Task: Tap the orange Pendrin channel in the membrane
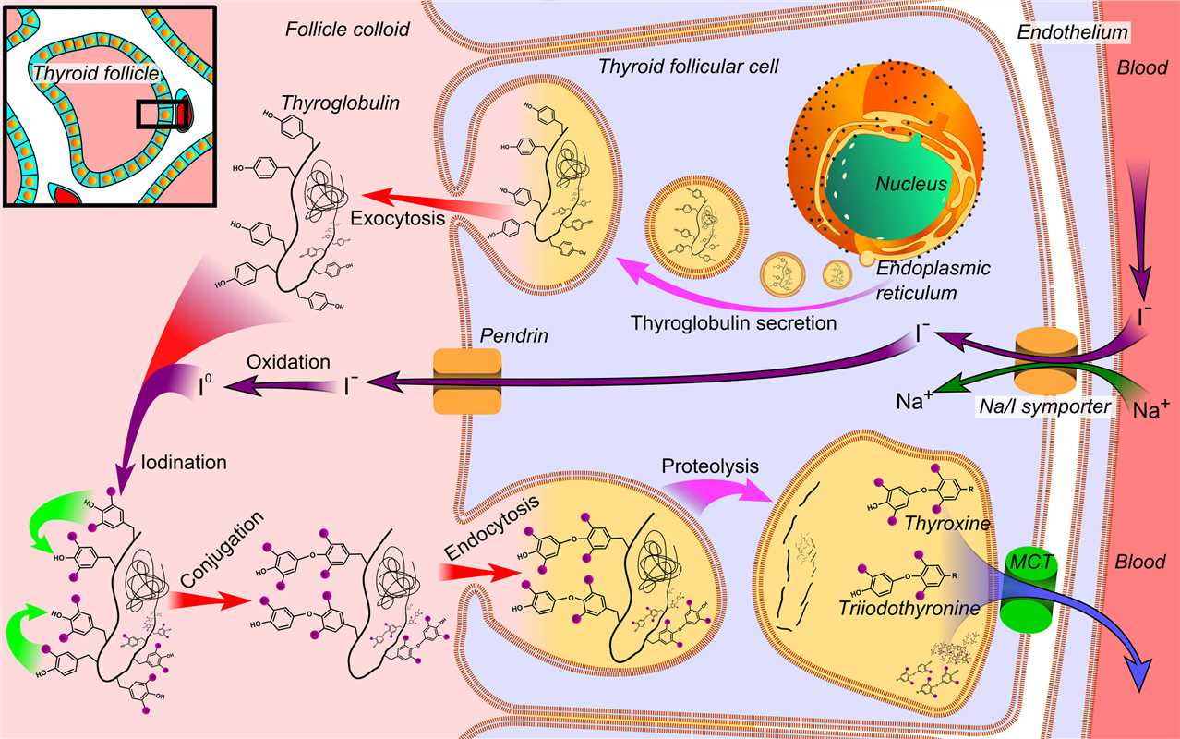point(466,380)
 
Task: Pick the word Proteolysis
point(710,466)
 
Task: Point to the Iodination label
point(186,463)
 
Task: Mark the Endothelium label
point(1072,32)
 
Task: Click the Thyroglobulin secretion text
point(733,324)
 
